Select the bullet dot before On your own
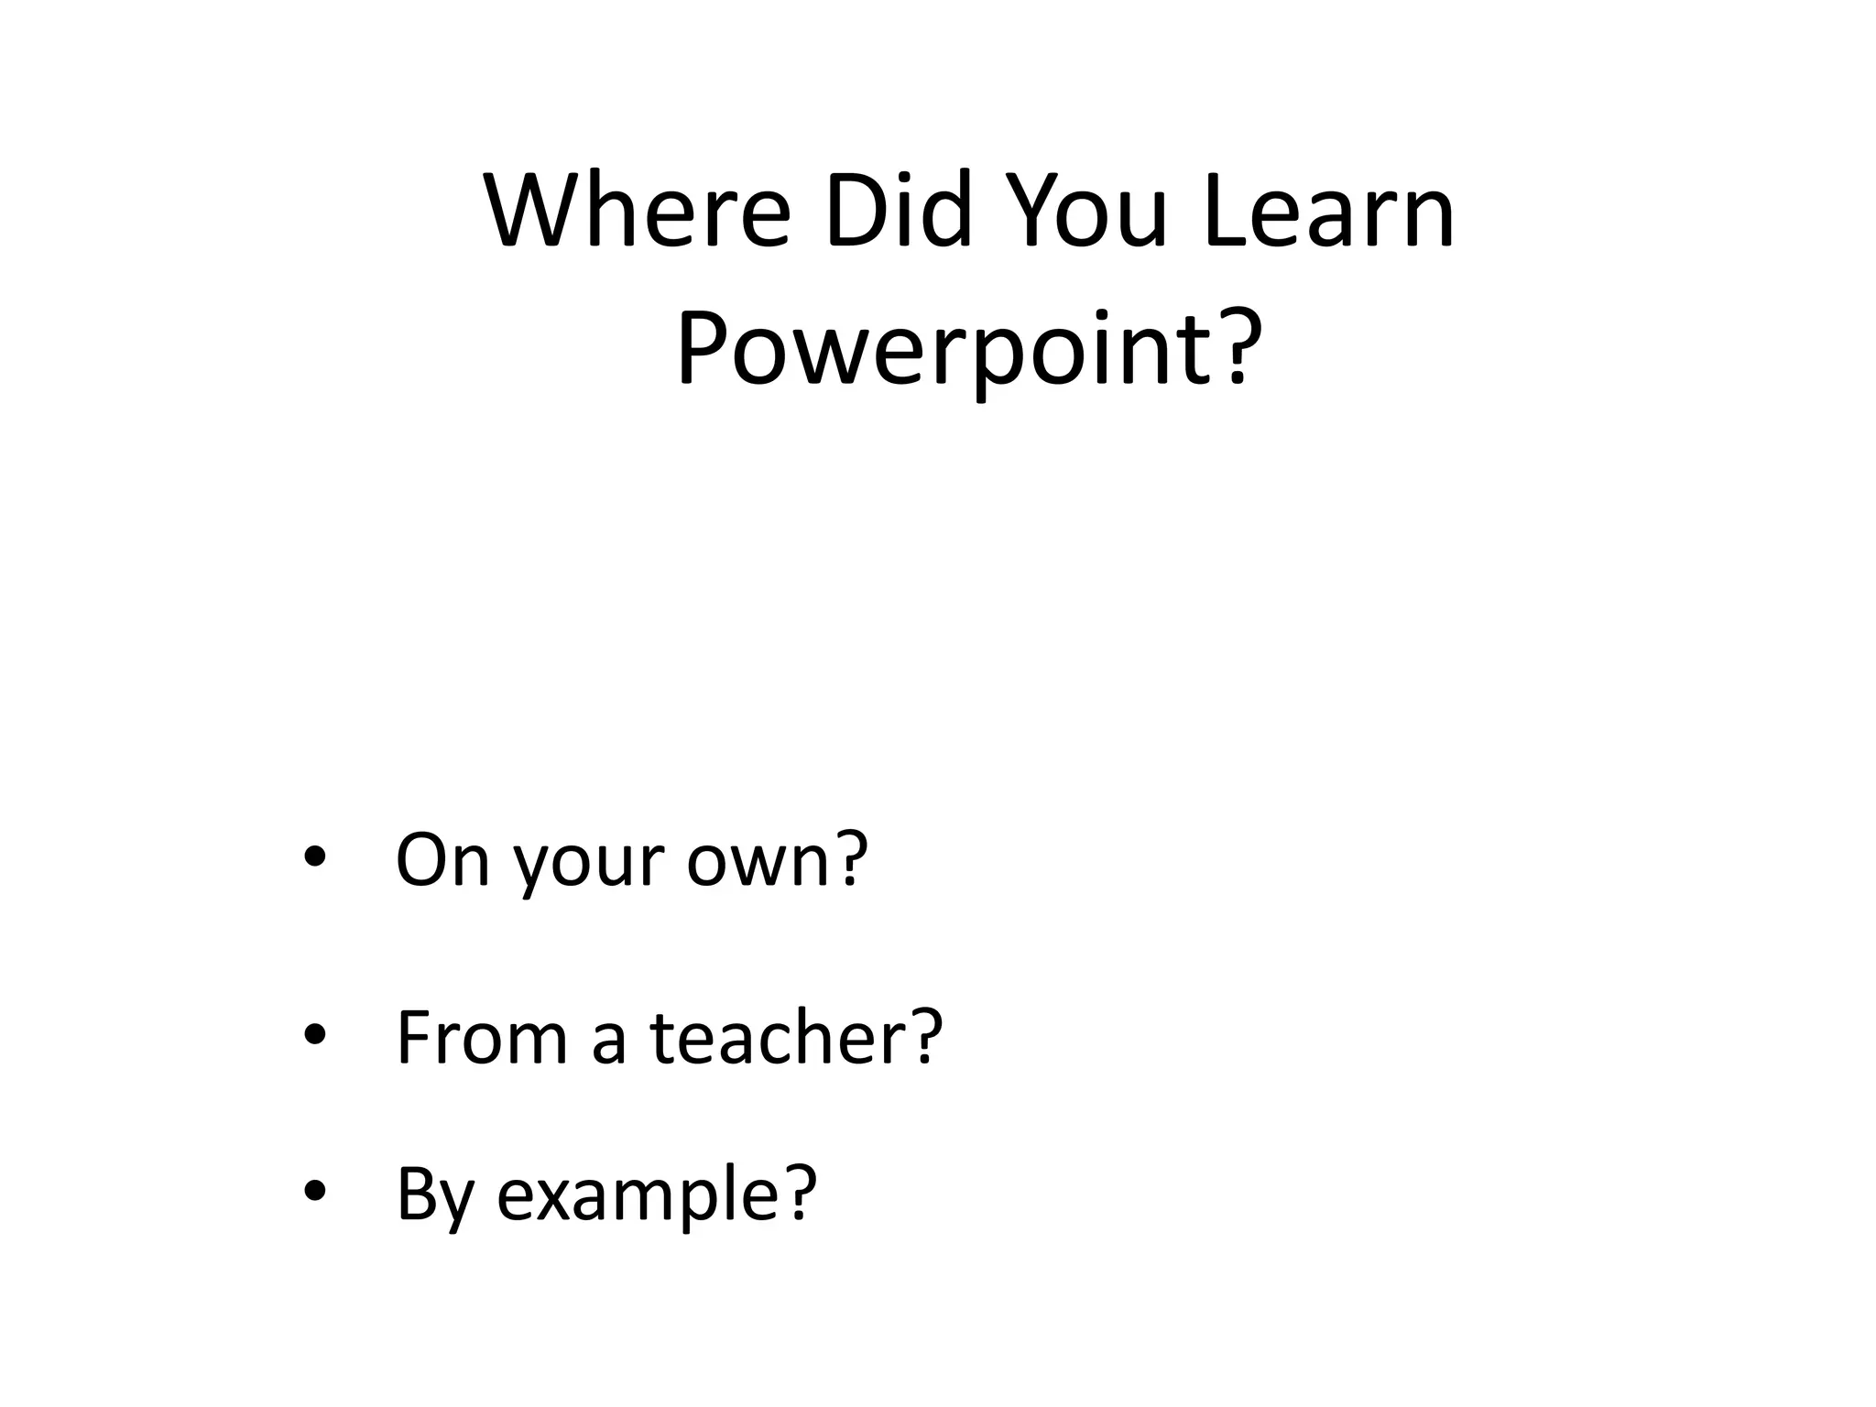point(314,858)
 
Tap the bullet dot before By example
point(314,1191)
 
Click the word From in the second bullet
point(482,1037)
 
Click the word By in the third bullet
point(436,1195)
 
